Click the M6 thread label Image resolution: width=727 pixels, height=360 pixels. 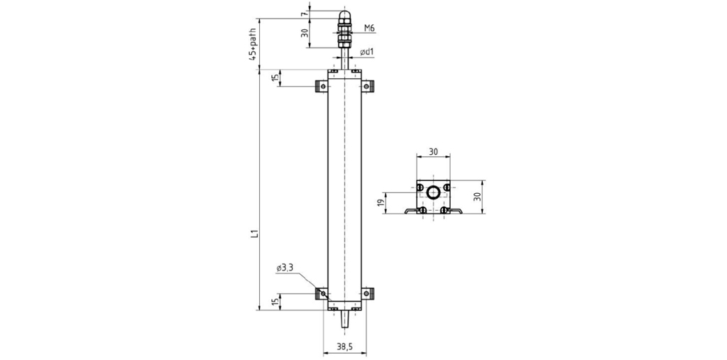[369, 28]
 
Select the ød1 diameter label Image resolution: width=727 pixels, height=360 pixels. [367, 52]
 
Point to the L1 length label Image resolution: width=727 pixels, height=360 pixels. [253, 234]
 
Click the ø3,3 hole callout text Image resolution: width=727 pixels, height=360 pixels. [285, 268]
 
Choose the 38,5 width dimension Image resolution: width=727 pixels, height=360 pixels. [344, 346]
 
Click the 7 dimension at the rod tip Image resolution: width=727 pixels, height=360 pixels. [304, 14]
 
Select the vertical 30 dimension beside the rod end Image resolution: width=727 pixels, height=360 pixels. [305, 33]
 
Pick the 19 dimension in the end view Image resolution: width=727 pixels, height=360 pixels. [381, 203]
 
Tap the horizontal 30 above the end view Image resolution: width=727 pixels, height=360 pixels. [433, 151]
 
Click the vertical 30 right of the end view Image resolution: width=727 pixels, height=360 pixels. [478, 196]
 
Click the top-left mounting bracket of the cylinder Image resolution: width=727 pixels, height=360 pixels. [322, 87]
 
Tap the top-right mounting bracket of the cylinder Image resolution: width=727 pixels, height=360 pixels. [367, 87]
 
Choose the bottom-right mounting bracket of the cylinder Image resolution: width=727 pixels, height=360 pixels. [367, 294]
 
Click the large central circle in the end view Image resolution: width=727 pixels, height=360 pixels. [434, 191]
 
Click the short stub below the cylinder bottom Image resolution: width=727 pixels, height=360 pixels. [344, 320]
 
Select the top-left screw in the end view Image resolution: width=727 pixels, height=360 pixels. [420, 187]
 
